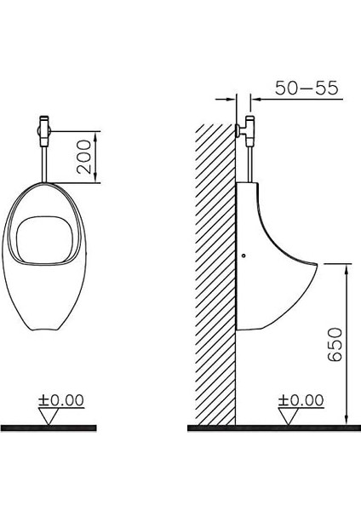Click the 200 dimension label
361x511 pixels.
click(x=84, y=157)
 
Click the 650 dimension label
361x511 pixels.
click(x=335, y=344)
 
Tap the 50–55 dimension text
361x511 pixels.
click(x=307, y=88)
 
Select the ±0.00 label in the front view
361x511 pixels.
click(x=61, y=400)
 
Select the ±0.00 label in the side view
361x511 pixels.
click(x=301, y=400)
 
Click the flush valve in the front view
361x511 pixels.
click(x=44, y=130)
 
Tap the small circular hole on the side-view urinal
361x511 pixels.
click(x=244, y=255)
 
